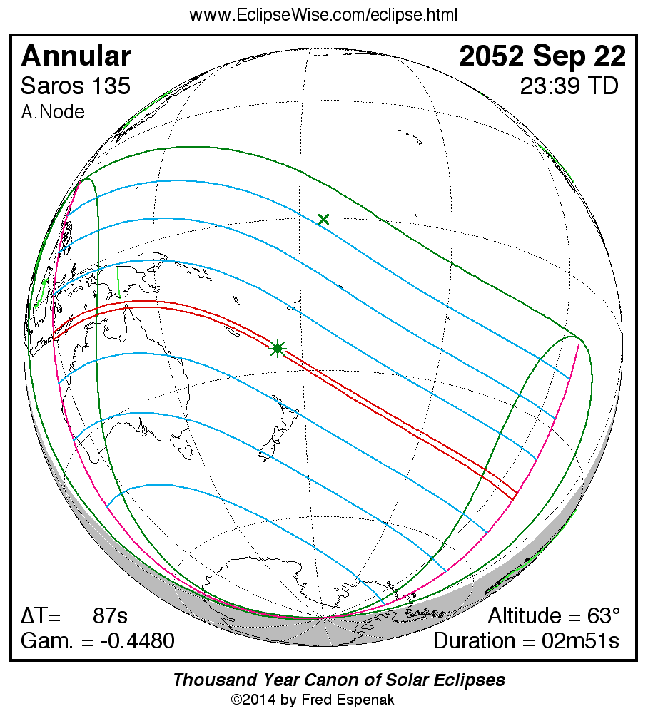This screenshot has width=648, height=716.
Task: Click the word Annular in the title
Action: click(76, 56)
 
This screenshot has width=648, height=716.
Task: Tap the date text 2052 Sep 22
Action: click(542, 56)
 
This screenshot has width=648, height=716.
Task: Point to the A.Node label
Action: click(53, 112)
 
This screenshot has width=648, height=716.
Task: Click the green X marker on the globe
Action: click(323, 219)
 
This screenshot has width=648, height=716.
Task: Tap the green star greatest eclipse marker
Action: click(277, 349)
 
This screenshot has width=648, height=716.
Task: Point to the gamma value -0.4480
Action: click(137, 641)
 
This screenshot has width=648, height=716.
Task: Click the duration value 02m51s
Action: click(580, 641)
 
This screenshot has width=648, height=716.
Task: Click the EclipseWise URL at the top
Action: click(323, 15)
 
